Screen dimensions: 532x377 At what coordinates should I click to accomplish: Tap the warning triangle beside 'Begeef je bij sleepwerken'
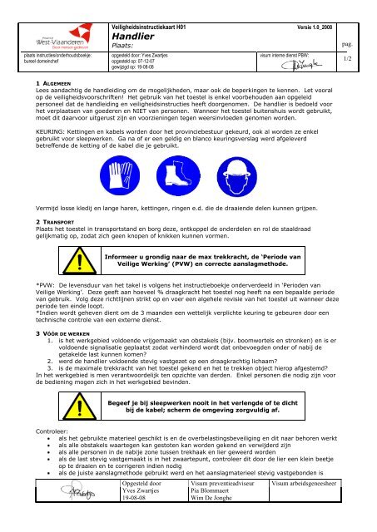(81, 406)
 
